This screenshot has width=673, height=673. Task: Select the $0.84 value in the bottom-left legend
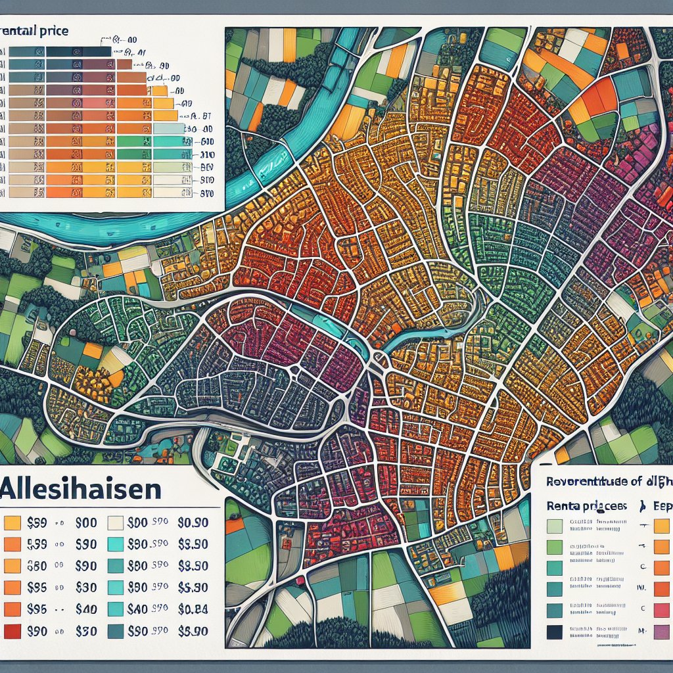(x=193, y=609)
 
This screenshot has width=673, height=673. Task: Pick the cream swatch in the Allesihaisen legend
(x=115, y=523)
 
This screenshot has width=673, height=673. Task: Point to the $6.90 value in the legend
(x=193, y=631)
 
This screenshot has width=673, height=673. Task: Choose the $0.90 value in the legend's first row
(x=193, y=523)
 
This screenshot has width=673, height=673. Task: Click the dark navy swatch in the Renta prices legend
(x=554, y=632)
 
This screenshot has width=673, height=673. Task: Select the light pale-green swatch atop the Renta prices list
(x=554, y=526)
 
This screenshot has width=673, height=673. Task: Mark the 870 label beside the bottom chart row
(x=207, y=193)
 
